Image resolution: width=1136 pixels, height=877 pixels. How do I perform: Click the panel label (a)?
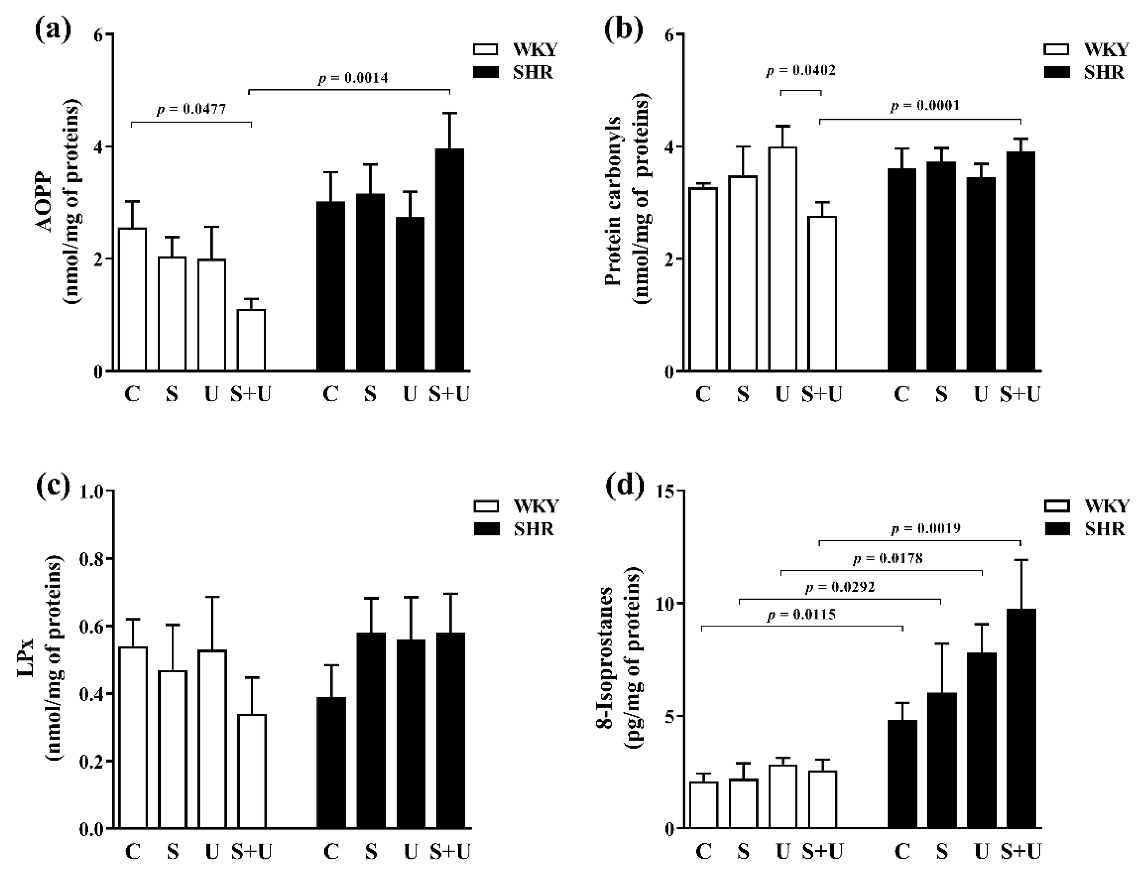point(52,30)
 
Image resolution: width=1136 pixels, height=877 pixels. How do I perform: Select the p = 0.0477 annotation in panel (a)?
point(191,109)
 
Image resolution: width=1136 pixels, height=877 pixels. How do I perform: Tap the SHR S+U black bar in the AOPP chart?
point(449,260)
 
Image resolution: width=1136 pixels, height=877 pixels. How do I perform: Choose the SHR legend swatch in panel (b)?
point(1056,72)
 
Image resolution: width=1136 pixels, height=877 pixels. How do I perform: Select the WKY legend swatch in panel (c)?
point(486,506)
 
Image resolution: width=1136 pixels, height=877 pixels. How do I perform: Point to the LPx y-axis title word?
point(27,659)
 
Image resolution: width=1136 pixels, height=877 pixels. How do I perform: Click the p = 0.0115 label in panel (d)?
point(801,614)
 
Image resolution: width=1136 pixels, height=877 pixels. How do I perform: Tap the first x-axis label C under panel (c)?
point(133,852)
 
